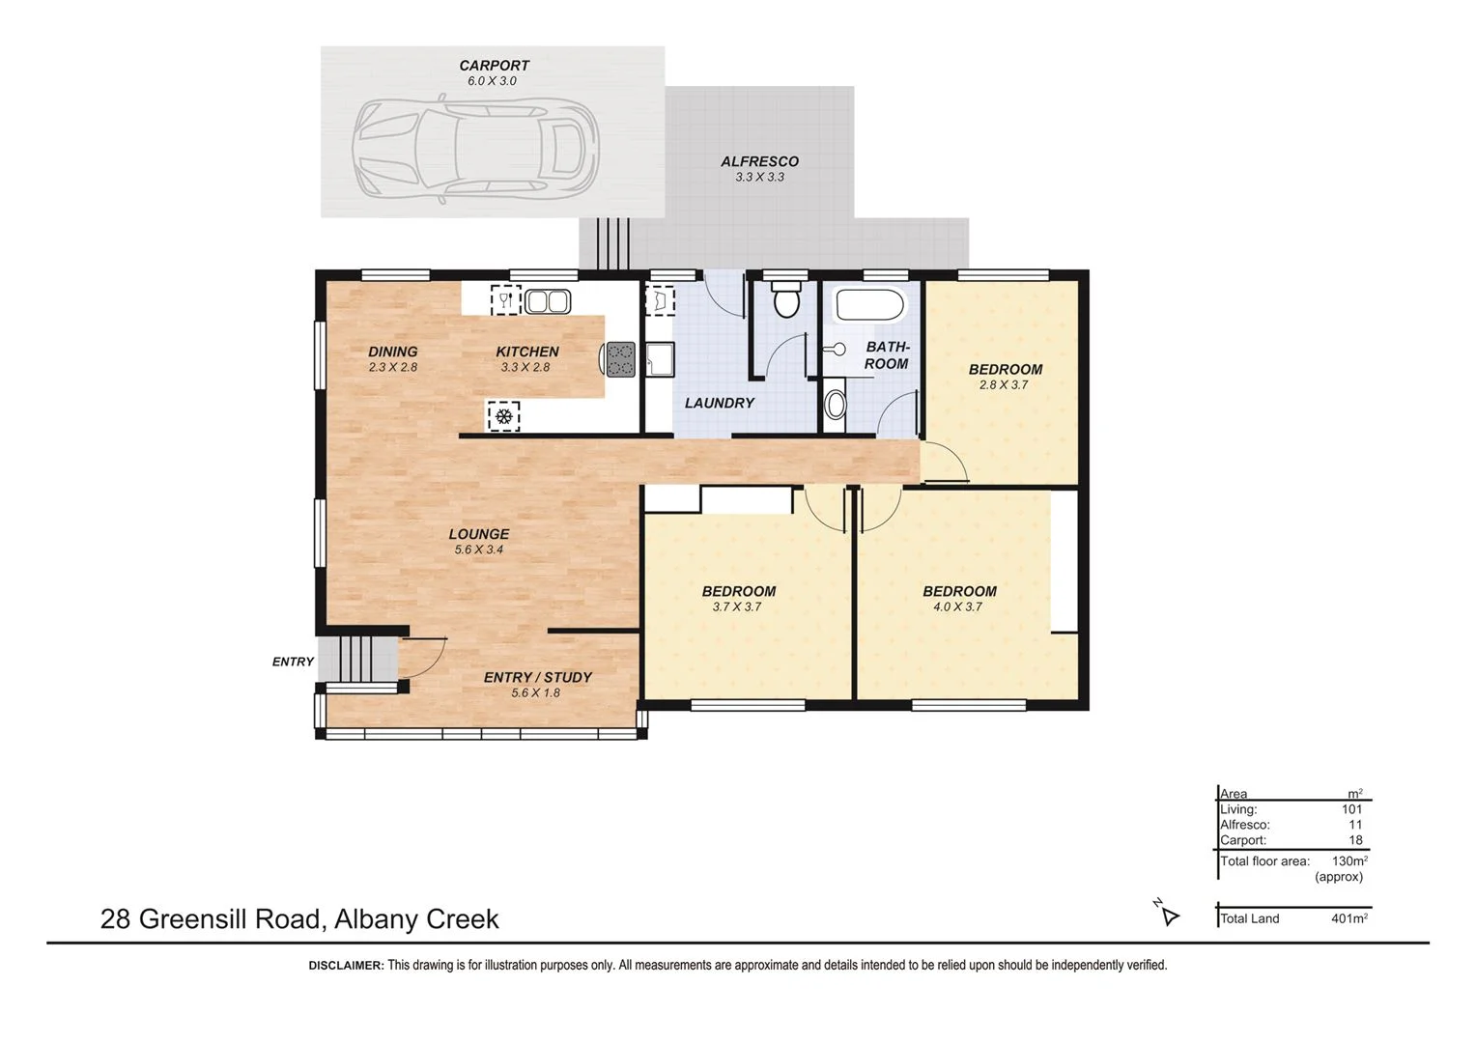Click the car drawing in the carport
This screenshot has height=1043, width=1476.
click(x=474, y=149)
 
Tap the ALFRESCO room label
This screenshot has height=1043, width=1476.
click(x=759, y=161)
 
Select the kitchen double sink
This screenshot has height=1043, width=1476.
click(x=547, y=301)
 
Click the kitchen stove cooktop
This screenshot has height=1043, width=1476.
click(x=620, y=358)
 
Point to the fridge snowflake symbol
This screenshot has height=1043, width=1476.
click(x=502, y=416)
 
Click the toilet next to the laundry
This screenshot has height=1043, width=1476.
click(x=786, y=298)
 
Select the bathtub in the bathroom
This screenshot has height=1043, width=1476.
click(x=869, y=305)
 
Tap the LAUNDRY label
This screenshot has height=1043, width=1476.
click(x=719, y=403)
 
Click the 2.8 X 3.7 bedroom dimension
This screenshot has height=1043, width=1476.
click(x=1004, y=384)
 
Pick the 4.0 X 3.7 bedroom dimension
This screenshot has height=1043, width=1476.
click(x=957, y=606)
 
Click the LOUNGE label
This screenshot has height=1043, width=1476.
click(x=478, y=534)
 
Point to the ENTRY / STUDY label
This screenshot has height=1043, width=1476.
click(x=537, y=677)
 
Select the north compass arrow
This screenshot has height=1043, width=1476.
click(x=1169, y=915)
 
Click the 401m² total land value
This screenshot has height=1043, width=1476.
click(x=1348, y=918)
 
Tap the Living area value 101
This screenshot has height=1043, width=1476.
click(x=1351, y=809)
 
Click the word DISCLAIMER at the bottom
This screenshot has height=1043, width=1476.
click(x=346, y=965)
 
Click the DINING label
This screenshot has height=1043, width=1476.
click(x=392, y=352)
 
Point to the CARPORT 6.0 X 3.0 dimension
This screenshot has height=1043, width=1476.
click(x=492, y=81)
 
